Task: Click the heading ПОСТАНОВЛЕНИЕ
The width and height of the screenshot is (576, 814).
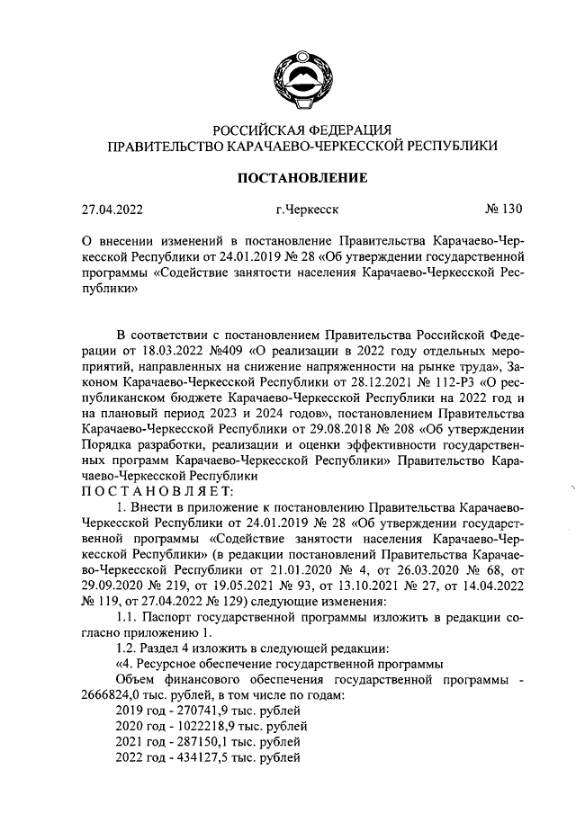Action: pos(301,178)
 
